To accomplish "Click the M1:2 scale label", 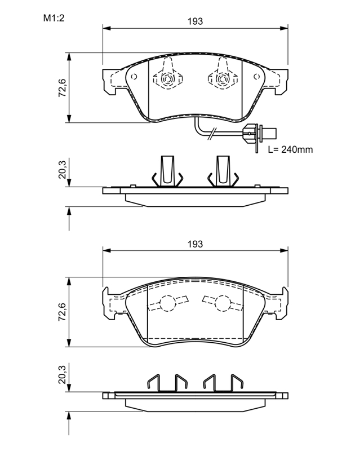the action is click(54, 18).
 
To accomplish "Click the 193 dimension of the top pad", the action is click(195, 21).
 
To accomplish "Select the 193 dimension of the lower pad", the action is click(195, 244).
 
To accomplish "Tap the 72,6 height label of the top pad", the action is click(62, 88).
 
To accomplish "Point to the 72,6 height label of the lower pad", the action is click(62, 312).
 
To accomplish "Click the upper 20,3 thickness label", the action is click(62, 170).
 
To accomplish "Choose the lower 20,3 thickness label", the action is click(62, 374).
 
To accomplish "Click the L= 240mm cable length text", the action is click(290, 149).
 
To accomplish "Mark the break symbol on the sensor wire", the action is click(212, 134).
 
